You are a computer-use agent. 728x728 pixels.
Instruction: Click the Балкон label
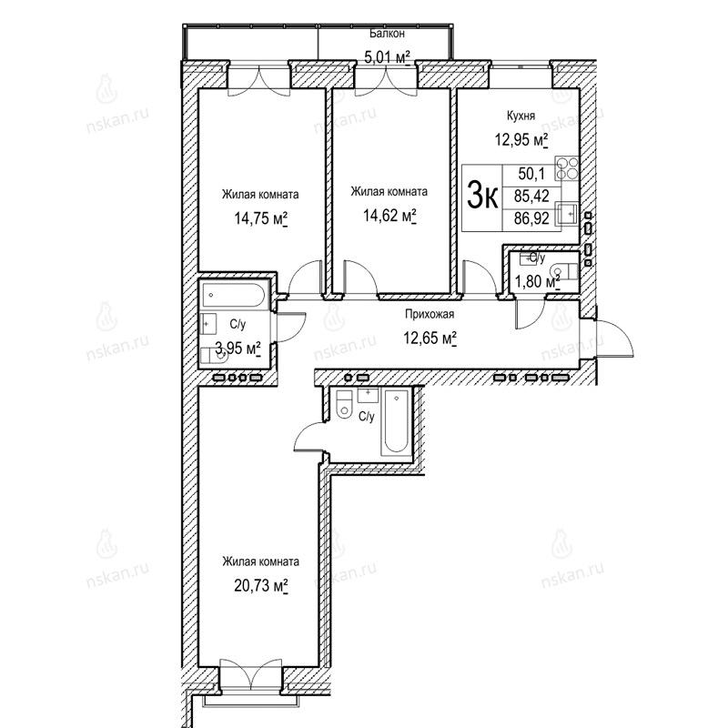(x=388, y=34)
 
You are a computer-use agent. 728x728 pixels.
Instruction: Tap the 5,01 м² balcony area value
(x=388, y=57)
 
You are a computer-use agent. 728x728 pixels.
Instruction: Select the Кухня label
(x=521, y=116)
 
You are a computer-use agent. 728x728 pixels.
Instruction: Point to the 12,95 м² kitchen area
(x=521, y=139)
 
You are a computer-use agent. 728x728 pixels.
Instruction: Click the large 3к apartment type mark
(x=482, y=197)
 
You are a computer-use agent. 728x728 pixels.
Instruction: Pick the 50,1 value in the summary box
(x=531, y=174)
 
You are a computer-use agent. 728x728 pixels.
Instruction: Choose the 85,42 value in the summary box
(x=531, y=196)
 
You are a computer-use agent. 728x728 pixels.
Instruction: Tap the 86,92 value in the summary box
(x=531, y=217)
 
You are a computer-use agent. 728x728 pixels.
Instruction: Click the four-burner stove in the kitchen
(x=568, y=168)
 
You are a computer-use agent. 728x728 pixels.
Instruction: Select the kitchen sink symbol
(x=567, y=214)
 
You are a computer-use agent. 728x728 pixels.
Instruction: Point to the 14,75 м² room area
(x=260, y=218)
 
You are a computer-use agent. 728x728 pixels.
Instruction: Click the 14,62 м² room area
(x=389, y=216)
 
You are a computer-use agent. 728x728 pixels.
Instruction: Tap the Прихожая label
(x=430, y=314)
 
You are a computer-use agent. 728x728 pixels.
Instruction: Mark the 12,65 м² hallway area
(x=430, y=338)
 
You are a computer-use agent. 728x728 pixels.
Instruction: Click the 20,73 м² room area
(x=261, y=586)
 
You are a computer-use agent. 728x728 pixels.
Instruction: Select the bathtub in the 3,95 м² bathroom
(x=234, y=295)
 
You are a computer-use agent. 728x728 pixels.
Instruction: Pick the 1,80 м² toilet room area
(x=537, y=281)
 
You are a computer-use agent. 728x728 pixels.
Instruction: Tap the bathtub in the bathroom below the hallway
(x=396, y=422)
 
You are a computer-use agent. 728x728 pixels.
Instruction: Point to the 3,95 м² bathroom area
(x=238, y=348)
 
